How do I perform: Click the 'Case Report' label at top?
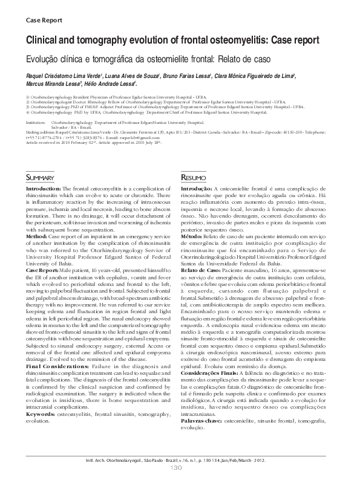tap(44, 20)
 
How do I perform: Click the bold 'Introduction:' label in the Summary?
tap(44, 190)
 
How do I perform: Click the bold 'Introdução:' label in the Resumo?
tap(197, 190)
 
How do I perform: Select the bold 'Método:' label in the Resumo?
tap(194, 236)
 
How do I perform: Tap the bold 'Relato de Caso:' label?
tap(203, 268)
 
